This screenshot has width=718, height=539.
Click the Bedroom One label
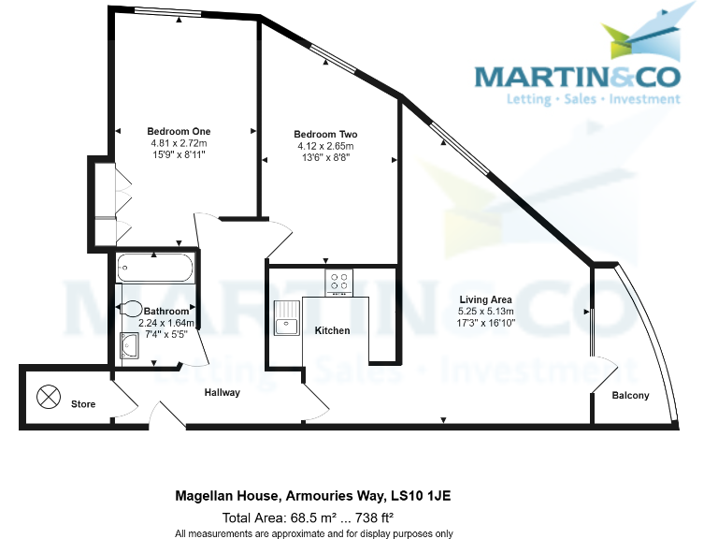(x=179, y=131)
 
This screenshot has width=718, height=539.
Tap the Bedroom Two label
(x=324, y=135)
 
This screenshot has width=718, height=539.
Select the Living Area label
(x=485, y=299)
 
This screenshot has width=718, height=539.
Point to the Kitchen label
(x=332, y=330)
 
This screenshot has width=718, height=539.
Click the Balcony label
(x=630, y=396)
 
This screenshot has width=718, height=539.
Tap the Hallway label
(x=223, y=393)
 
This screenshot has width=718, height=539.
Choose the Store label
(x=83, y=404)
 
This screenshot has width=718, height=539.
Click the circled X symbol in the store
(x=47, y=397)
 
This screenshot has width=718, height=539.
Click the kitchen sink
(x=285, y=318)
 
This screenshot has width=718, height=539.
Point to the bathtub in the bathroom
(x=155, y=269)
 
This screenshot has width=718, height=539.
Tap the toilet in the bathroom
(x=131, y=310)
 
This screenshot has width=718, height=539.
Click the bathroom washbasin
(x=130, y=345)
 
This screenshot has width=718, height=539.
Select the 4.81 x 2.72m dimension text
(x=179, y=143)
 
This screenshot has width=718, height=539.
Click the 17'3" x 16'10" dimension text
(x=485, y=322)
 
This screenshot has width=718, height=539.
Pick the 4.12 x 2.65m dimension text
(x=324, y=147)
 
